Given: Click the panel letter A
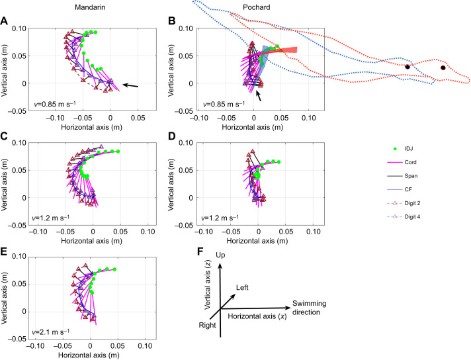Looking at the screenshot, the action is pyautogui.click(x=4, y=21).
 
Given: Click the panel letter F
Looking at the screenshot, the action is pyautogui.click(x=200, y=251).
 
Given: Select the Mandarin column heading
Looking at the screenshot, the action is pyautogui.click(x=90, y=7).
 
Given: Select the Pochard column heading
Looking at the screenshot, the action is pyautogui.click(x=257, y=7).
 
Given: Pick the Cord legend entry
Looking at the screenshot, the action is pyautogui.click(x=402, y=162).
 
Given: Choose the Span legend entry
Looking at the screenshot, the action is pyautogui.click(x=402, y=176).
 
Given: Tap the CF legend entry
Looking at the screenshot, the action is pyautogui.click(x=400, y=190).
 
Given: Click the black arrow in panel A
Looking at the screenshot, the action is pyautogui.click(x=130, y=85).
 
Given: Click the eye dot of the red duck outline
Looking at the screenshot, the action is pyautogui.click(x=443, y=68).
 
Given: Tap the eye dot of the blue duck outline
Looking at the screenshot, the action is pyautogui.click(x=407, y=67).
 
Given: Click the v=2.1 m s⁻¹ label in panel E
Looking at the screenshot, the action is pyautogui.click(x=50, y=332).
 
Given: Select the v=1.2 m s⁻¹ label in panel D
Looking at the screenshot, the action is pyautogui.click(x=220, y=218).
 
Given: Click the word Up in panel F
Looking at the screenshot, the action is pyautogui.click(x=220, y=255).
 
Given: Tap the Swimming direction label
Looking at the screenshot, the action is pyautogui.click(x=310, y=308).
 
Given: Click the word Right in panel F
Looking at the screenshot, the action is pyautogui.click(x=207, y=325).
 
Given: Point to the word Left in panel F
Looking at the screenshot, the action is pyautogui.click(x=242, y=288).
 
